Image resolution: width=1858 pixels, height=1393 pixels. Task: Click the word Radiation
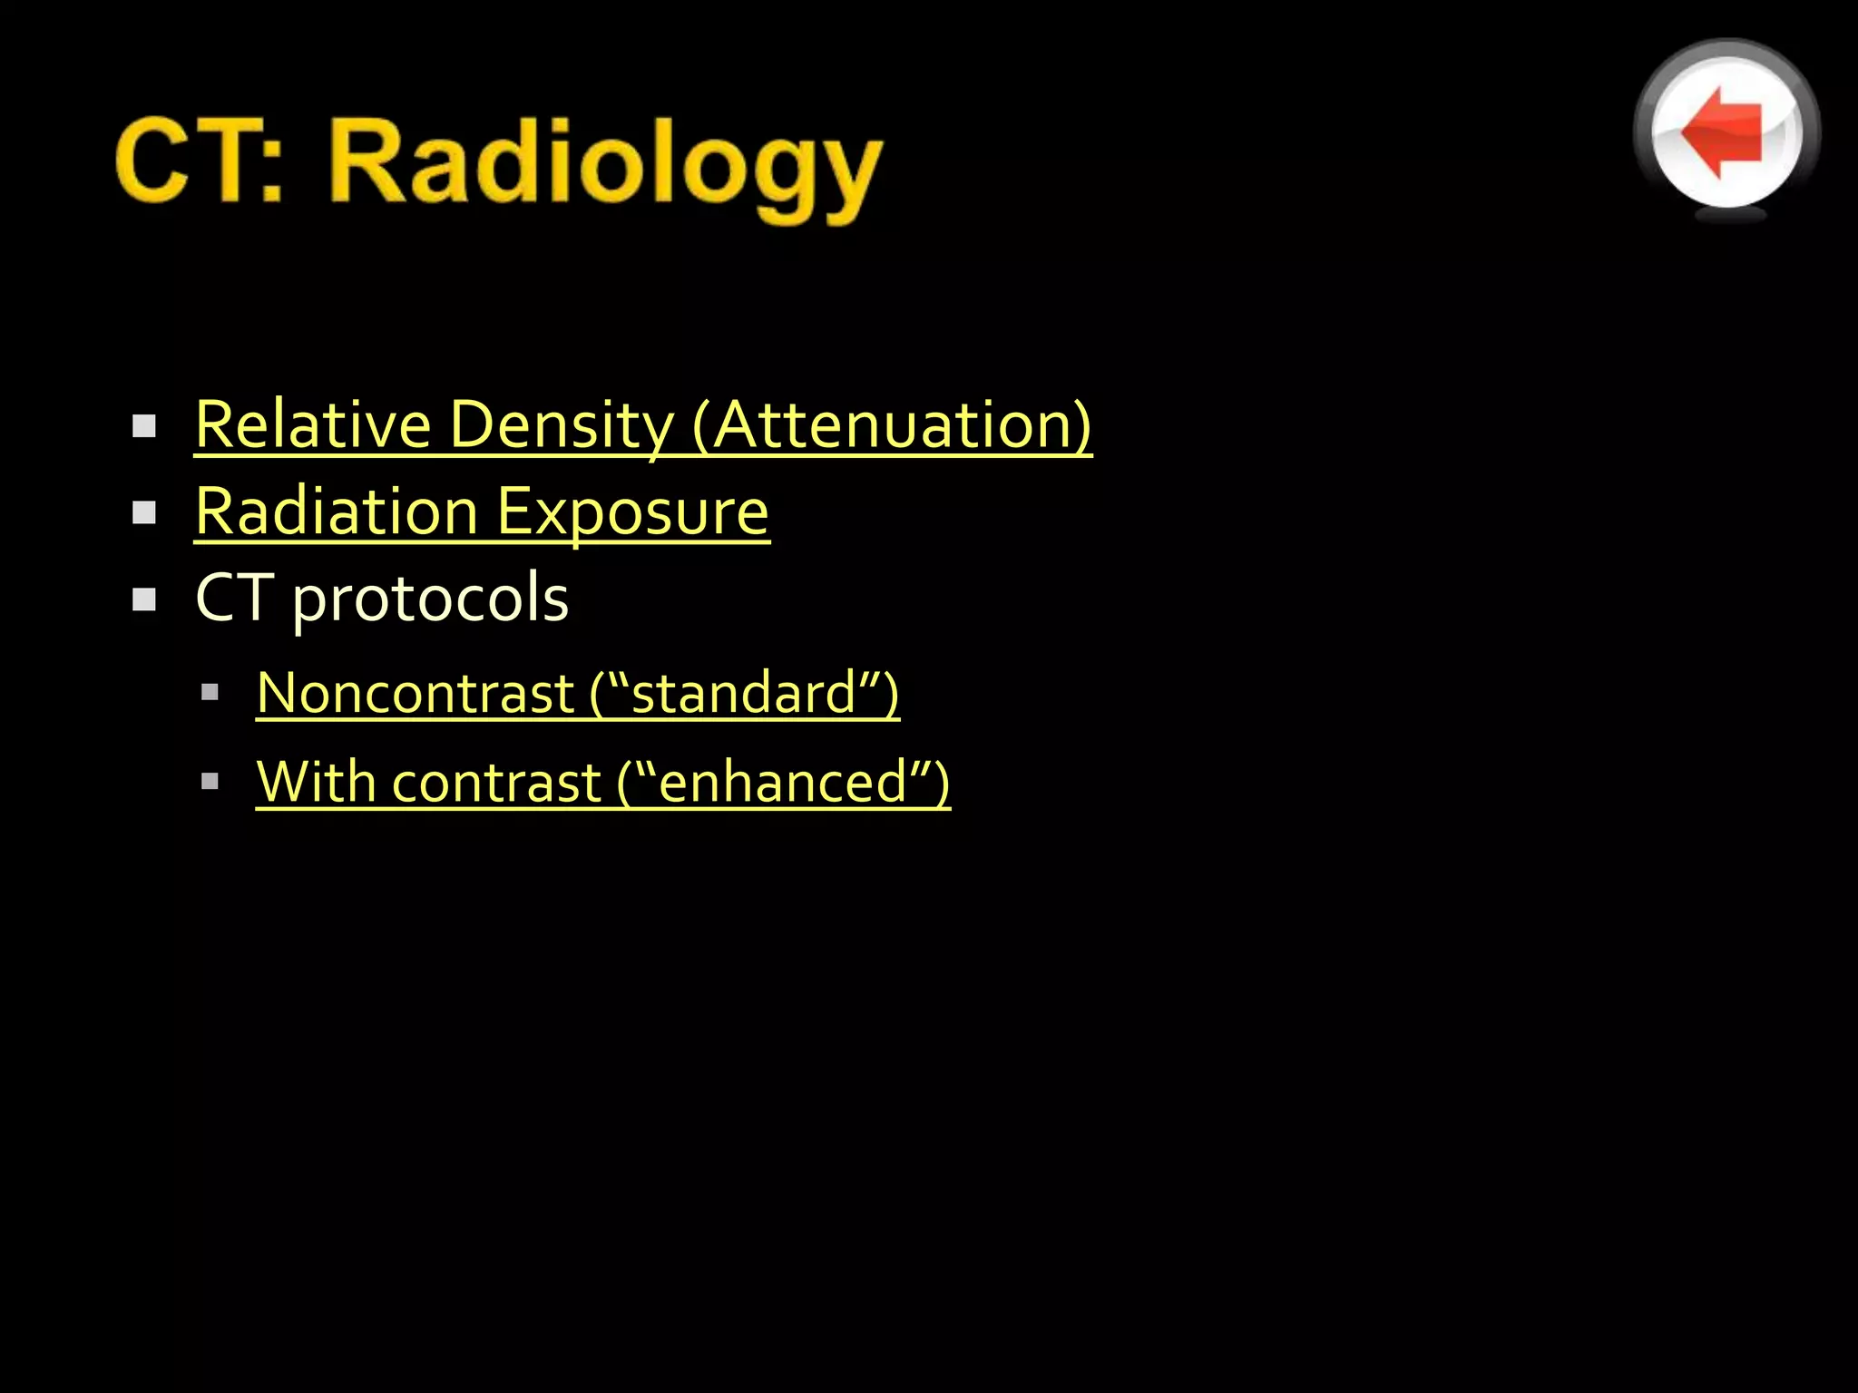pos(337,511)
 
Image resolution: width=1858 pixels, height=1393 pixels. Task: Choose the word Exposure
pos(633,511)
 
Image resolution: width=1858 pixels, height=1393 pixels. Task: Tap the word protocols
pos(431,599)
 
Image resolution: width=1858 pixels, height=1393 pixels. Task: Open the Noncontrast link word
pos(416,694)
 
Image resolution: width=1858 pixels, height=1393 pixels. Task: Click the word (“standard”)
pos(744,694)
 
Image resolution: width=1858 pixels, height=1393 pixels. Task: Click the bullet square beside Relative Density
pos(144,426)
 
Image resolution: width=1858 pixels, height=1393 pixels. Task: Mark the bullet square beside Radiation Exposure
pos(144,513)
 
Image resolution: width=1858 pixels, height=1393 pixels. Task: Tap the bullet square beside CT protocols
pos(144,599)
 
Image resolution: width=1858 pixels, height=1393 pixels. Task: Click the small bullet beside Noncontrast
pos(210,694)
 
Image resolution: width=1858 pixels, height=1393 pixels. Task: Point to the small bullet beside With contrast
pos(210,782)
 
